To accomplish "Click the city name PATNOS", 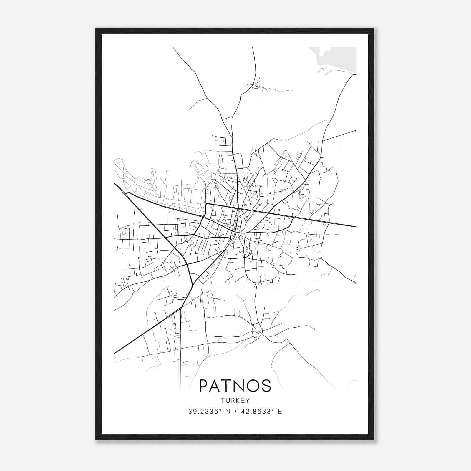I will coord(235,386).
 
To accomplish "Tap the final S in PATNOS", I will coord(266,386).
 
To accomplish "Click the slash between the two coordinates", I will coord(235,412).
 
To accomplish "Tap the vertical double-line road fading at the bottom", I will coord(180,362).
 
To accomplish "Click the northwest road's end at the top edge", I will coord(173,47).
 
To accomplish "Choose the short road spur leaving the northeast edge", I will coord(341,135).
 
